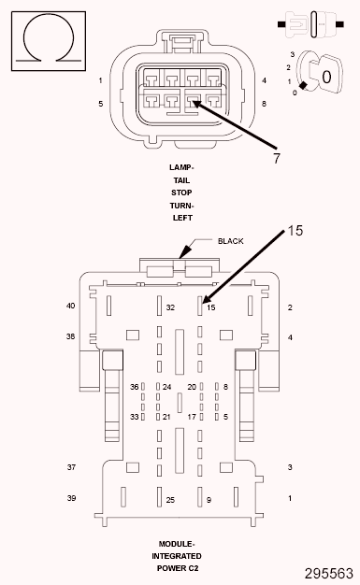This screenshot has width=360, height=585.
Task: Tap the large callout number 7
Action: tap(277, 158)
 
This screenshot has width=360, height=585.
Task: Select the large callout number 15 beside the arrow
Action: tap(295, 231)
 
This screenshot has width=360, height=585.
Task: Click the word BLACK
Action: tap(230, 241)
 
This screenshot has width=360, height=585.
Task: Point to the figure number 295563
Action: tap(328, 574)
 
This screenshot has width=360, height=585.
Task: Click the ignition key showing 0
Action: tap(325, 75)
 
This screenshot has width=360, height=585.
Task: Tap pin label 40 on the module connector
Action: tap(70, 306)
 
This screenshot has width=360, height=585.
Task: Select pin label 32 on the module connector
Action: tap(170, 307)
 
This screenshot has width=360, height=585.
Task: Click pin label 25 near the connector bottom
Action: tap(170, 500)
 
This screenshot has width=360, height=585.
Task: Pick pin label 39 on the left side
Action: tap(71, 498)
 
